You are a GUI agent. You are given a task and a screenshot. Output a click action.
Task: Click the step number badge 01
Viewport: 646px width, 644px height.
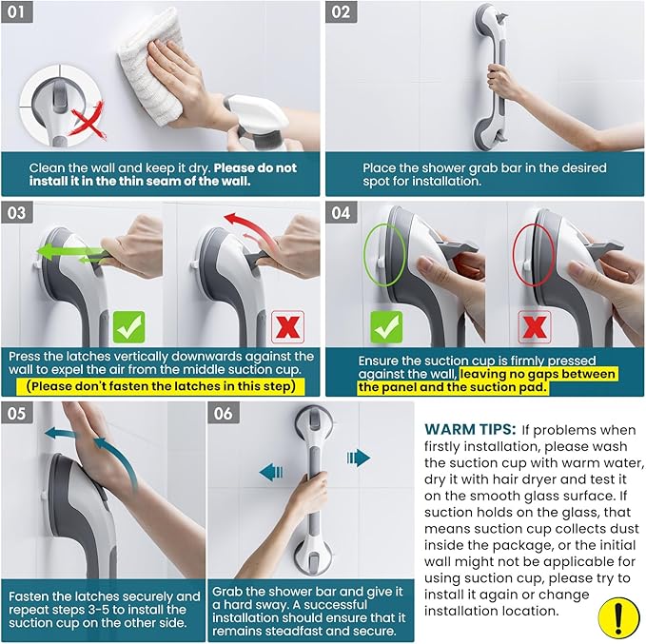[x=20, y=12]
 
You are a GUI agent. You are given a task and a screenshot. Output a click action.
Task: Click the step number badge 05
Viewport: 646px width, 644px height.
[x=20, y=415]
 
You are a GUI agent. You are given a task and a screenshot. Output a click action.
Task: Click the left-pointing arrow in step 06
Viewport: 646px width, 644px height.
[x=271, y=472]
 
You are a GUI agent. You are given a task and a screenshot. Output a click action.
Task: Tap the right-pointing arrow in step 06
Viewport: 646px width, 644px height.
[x=359, y=459]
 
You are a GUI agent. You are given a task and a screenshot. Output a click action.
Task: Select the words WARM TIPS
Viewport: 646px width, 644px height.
[x=467, y=429]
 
